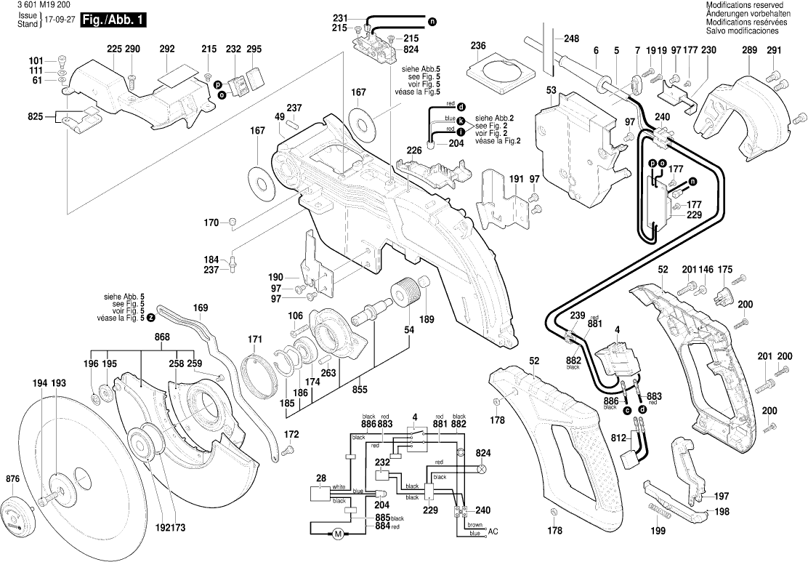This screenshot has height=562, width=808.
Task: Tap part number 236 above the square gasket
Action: [477, 45]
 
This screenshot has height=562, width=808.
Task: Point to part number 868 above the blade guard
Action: [162, 337]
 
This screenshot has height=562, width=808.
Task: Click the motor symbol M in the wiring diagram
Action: [337, 535]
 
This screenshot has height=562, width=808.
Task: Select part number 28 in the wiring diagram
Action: [321, 478]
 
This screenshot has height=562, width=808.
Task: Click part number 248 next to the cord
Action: [571, 39]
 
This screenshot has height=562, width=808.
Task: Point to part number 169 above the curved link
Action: [201, 308]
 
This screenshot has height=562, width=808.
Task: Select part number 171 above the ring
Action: [254, 340]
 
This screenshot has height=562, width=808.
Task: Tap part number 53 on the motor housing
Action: [551, 89]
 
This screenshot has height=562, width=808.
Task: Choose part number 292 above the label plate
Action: [167, 49]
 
